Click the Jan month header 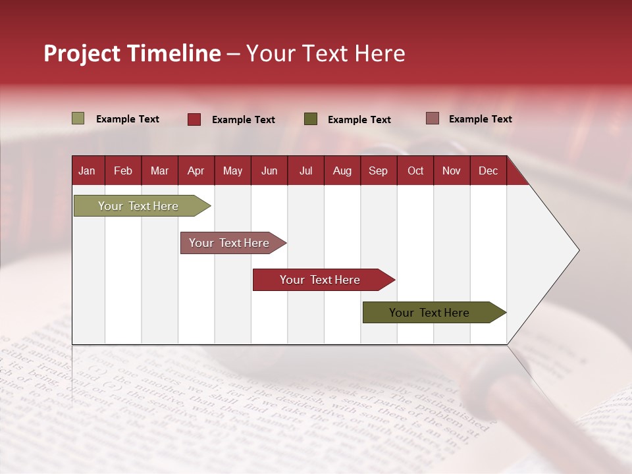[87, 171]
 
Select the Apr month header [196, 171]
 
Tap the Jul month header [305, 171]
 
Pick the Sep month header [378, 171]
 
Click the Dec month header [488, 171]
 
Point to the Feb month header [123, 171]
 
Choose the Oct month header [415, 171]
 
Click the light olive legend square [78, 118]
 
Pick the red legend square [194, 119]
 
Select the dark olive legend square [311, 119]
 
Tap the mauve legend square [432, 118]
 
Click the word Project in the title [82, 53]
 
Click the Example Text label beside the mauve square [480, 118]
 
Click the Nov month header [452, 171]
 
